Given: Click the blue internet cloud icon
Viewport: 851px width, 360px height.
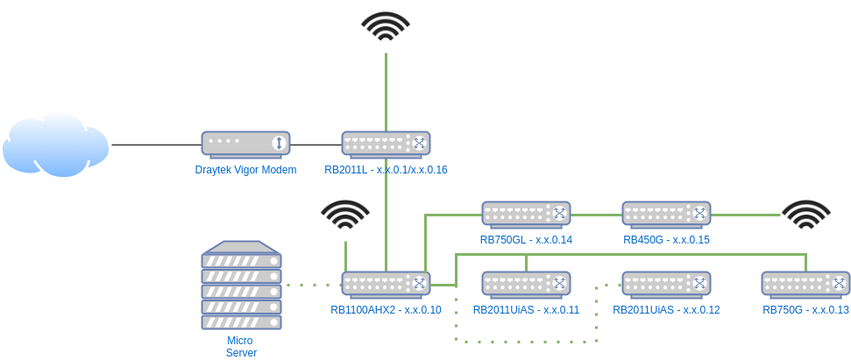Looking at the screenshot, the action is (56, 145).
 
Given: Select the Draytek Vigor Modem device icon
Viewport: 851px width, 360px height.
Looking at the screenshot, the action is (246, 144).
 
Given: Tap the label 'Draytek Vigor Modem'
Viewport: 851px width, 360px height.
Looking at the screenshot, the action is (246, 170).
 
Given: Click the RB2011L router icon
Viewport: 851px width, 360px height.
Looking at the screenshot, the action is (386, 144).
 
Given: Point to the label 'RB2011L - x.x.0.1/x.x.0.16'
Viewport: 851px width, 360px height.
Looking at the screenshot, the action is (386, 170).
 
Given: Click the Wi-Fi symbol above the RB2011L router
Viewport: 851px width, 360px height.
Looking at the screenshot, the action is (386, 26).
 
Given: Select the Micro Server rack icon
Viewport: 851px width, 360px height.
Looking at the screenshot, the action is (242, 286).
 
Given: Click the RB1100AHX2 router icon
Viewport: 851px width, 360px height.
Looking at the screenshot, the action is (386, 284).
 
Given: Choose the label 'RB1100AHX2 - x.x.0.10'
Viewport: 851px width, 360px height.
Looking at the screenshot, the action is (386, 310).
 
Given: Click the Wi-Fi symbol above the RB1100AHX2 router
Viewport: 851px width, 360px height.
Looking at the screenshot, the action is (345, 215).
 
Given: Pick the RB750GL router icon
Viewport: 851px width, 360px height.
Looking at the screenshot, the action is (526, 214).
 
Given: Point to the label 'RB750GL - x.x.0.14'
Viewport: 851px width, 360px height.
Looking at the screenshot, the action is (526, 239).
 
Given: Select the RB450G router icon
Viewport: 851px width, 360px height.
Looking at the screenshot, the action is (666, 214).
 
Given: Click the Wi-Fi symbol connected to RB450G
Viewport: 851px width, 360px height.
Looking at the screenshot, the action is (806, 215).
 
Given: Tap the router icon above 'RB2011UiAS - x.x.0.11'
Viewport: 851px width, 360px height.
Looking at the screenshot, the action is (526, 284).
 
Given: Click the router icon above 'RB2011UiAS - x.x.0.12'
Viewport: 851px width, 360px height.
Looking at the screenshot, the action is (666, 284).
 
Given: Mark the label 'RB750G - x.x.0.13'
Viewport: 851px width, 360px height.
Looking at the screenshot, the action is (805, 310).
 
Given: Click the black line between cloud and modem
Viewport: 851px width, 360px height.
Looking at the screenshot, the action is (156, 145).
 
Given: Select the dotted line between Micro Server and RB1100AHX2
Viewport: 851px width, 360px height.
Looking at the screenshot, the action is (312, 284).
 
